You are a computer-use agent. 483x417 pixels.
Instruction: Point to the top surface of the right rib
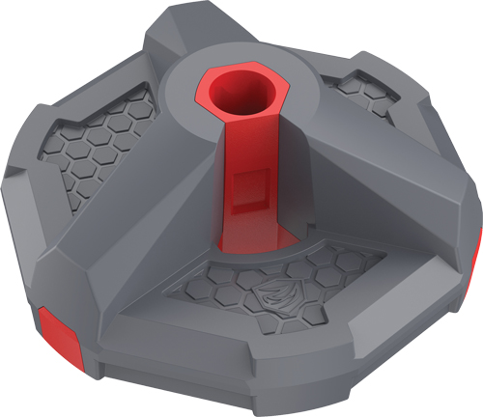(386, 164)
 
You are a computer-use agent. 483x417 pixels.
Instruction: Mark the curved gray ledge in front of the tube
(290, 246)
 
